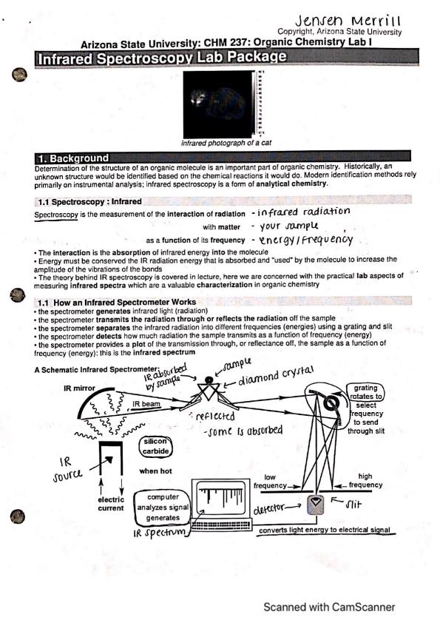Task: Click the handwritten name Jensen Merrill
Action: coord(348,21)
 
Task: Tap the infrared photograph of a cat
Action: coord(218,104)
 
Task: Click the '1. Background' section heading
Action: coord(73,158)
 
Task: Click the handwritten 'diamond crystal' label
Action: coord(276,377)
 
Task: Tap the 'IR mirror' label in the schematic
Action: coord(79,388)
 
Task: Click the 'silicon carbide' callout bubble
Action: coord(156,446)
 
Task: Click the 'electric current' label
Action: coord(111,504)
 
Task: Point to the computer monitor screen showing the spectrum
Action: coord(222,498)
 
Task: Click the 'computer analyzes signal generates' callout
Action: coord(163,508)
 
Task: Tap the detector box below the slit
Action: coord(316,504)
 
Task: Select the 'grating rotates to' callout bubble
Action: coord(365,392)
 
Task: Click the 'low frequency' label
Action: coord(270,482)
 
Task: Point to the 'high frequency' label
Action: coord(365,481)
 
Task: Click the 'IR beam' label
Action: coord(146,404)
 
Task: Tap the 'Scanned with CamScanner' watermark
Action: coord(329,607)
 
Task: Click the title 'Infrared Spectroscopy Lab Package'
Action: coord(162,58)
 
